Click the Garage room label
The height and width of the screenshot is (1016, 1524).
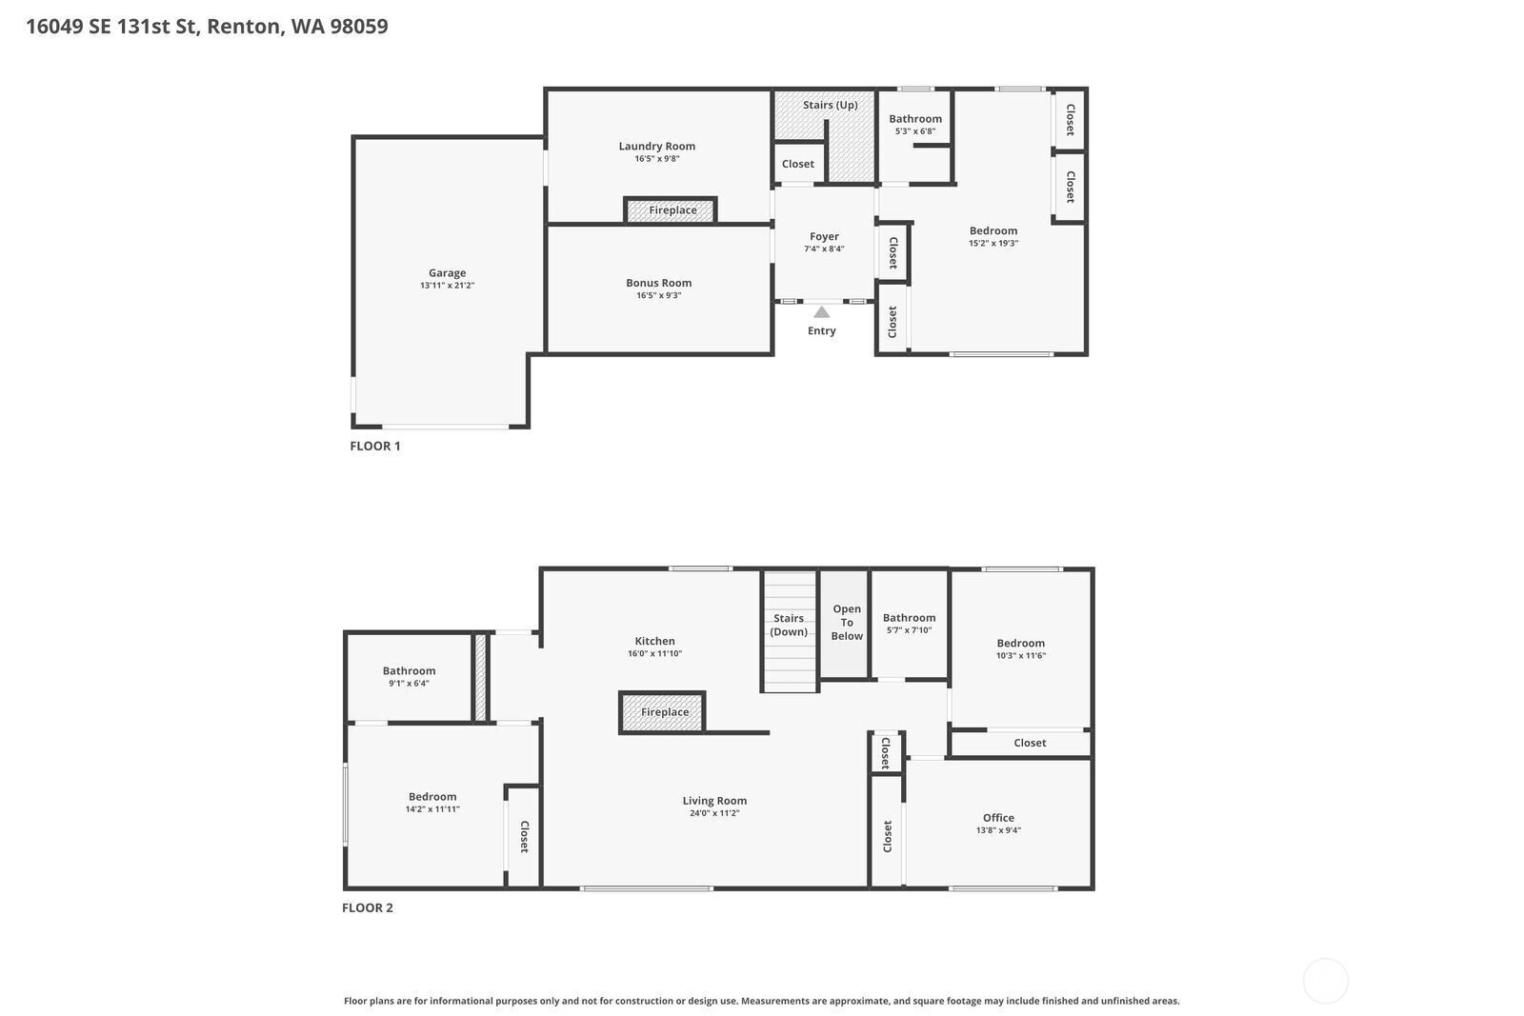point(447,272)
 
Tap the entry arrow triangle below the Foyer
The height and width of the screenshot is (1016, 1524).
point(822,312)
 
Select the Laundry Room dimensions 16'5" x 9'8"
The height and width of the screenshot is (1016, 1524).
point(657,158)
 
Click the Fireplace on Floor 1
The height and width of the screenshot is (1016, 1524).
point(671,210)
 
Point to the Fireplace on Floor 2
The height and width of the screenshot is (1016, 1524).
point(662,712)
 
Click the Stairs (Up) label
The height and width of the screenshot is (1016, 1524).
point(830,105)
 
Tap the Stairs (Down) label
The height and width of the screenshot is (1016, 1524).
point(789,625)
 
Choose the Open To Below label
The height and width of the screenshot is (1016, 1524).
point(847,622)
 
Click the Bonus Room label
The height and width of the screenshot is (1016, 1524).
point(658,283)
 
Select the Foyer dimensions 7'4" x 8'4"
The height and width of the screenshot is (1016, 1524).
point(824,249)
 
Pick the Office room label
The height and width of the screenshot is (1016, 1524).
point(998,817)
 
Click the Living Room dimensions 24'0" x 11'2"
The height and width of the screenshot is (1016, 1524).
point(714,812)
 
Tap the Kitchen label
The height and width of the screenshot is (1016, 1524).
point(654,641)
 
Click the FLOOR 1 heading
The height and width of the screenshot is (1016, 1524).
point(375,447)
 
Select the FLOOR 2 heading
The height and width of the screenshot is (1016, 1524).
point(368,907)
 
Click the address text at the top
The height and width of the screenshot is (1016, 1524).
point(207,26)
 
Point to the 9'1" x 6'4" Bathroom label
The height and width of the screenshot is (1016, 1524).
point(409,670)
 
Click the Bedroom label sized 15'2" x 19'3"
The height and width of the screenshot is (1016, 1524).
point(993,230)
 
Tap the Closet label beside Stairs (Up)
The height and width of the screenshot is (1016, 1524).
point(797,164)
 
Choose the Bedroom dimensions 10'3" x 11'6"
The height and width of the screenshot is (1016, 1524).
point(1020,655)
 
